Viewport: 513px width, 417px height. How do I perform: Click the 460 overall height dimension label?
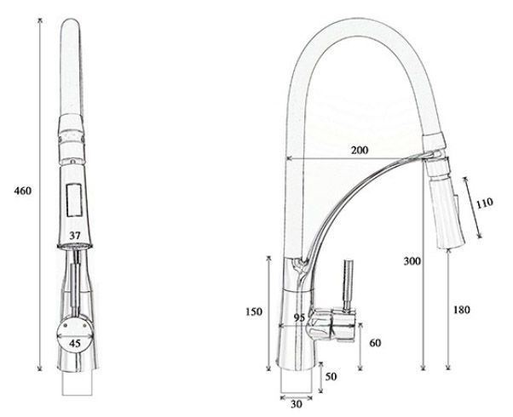22,191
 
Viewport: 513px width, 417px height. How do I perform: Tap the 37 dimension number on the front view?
75,235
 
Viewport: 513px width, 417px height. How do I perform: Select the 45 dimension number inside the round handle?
75,343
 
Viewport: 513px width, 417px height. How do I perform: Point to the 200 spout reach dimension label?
360,150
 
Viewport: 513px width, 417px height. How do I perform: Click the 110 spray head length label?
484,203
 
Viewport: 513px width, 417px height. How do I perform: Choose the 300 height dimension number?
412,260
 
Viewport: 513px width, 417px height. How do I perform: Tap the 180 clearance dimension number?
461,310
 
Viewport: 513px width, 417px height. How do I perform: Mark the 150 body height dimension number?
254,311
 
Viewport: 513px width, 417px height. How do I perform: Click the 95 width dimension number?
299,317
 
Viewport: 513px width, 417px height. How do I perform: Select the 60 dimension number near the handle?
375,343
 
